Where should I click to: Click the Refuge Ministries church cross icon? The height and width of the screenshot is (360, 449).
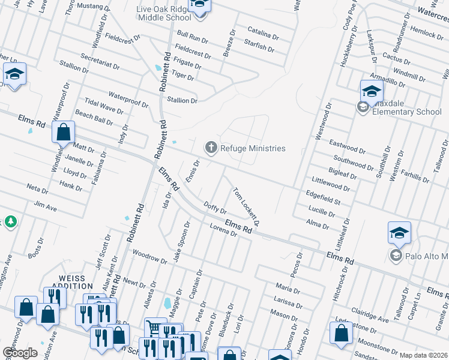tap(211, 147)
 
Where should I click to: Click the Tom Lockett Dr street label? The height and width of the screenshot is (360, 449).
tap(246, 207)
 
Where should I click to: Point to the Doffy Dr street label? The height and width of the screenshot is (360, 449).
tap(215, 208)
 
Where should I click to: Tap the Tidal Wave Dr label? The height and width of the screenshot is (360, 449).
tap(104, 107)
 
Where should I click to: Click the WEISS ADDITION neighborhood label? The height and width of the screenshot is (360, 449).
tap(76, 283)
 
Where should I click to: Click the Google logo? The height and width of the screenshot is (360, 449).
tap(20, 352)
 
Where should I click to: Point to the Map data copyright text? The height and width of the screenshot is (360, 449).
tap(423, 355)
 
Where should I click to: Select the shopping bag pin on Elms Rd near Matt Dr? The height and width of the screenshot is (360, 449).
tap(63, 133)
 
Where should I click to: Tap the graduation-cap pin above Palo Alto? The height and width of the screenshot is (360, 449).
tap(399, 233)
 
